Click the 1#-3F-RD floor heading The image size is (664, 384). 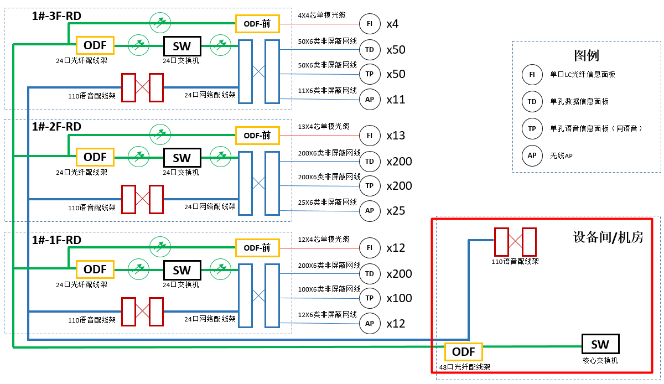[x=56, y=15]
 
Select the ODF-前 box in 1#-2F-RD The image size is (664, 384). [x=257, y=136]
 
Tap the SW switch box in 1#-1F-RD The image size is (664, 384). [x=182, y=270]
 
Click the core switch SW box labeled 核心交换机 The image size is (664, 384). [x=600, y=344]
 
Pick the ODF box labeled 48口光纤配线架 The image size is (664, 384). [x=464, y=352]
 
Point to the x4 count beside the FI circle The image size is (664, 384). [x=392, y=24]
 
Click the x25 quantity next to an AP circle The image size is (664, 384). [x=396, y=211]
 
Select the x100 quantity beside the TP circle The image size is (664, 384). [x=399, y=298]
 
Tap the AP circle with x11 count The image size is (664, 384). [x=369, y=100]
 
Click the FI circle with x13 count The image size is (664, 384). [x=369, y=136]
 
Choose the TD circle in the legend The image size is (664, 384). [x=532, y=102]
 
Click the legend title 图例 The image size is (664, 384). [x=587, y=55]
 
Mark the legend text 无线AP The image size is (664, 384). [x=561, y=156]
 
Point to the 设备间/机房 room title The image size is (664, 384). [x=608, y=237]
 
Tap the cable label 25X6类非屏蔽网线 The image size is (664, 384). [x=327, y=202]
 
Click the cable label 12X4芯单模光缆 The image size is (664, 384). [x=324, y=239]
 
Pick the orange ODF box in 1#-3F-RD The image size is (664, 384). [x=95, y=45]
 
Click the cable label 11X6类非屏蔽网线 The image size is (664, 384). [x=327, y=90]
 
